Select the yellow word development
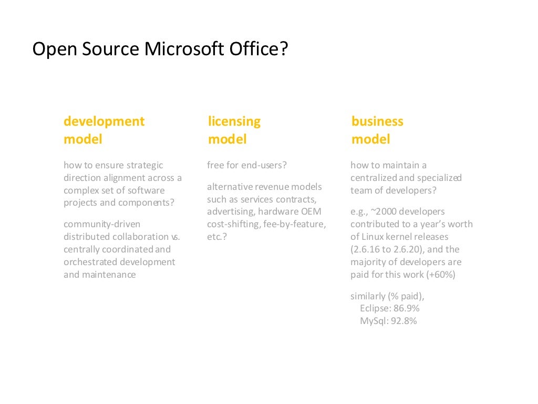[x=104, y=122]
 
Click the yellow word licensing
[x=234, y=122]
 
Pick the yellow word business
[x=377, y=122]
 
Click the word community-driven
[x=102, y=224]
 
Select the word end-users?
[x=264, y=165]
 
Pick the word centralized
[x=374, y=178]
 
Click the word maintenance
[x=109, y=275]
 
